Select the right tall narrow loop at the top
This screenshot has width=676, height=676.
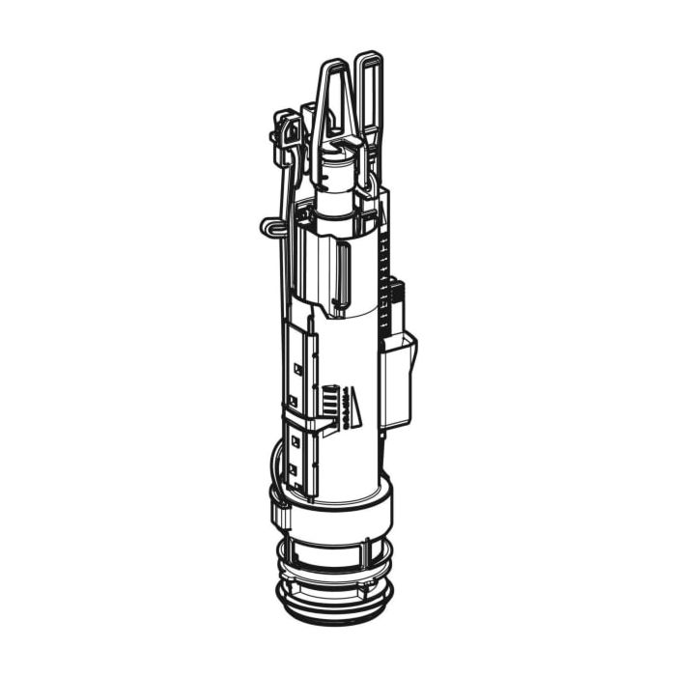[x=368, y=97]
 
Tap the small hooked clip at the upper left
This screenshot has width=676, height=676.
[x=286, y=130]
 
